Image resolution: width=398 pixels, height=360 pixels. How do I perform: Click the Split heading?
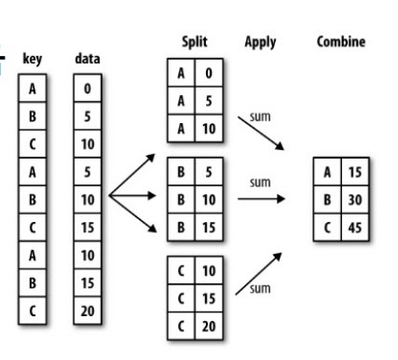[195, 42]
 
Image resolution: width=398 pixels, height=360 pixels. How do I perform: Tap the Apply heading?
[260, 42]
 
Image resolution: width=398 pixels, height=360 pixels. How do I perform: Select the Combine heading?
[341, 42]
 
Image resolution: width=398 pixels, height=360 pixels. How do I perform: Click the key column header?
[33, 59]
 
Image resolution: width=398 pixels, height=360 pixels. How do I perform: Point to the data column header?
[88, 59]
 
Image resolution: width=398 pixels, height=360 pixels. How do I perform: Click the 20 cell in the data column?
[88, 311]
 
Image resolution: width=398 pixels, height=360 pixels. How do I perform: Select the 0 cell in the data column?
[88, 89]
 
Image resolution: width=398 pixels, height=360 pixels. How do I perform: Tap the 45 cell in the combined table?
[355, 228]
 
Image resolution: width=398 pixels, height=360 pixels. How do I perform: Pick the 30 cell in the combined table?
[355, 200]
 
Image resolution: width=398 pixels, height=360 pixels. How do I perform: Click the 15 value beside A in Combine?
[355, 172]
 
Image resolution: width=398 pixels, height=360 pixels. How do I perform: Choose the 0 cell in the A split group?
[209, 73]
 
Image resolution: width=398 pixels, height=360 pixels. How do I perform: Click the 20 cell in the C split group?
[209, 326]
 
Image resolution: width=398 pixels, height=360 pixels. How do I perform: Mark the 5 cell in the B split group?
[209, 172]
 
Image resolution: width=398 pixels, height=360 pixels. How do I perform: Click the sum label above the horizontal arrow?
[260, 183]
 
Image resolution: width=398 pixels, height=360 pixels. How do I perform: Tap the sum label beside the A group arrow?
[260, 117]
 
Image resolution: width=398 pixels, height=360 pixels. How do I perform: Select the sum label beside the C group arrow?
[260, 289]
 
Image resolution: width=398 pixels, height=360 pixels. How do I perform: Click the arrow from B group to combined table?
[261, 199]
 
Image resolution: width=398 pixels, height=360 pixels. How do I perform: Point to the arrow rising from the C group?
[258, 273]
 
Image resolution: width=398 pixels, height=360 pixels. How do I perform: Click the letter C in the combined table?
[327, 228]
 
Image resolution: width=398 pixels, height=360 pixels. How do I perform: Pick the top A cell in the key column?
[33, 89]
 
